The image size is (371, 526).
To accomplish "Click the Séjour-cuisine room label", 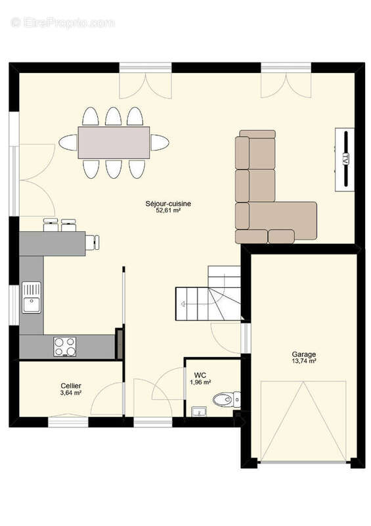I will pyautogui.click(x=168, y=204).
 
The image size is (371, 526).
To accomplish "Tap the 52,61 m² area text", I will pyautogui.click(x=168, y=211).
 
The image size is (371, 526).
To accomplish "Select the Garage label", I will pyautogui.click(x=303, y=354).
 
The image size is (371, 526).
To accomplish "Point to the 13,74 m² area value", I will pyautogui.click(x=303, y=362).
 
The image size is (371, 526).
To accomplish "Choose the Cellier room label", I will pyautogui.click(x=71, y=385).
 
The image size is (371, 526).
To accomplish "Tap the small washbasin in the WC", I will pyautogui.click(x=197, y=412).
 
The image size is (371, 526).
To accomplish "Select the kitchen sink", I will pyautogui.click(x=31, y=297).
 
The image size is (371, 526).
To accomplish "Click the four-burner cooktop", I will pyautogui.click(x=64, y=347).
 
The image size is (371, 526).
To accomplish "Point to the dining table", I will pyautogui.click(x=114, y=142).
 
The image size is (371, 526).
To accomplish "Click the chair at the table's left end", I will pyautogui.click(x=68, y=142).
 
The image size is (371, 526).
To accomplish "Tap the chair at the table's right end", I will pyautogui.click(x=160, y=142).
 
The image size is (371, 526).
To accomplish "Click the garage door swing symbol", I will pyautogui.click(x=303, y=421).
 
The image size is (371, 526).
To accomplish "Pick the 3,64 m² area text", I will pyautogui.click(x=71, y=393).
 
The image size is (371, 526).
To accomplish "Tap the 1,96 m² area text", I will pyautogui.click(x=200, y=382).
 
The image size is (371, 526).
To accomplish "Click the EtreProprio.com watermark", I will pyautogui.click(x=62, y=22).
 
